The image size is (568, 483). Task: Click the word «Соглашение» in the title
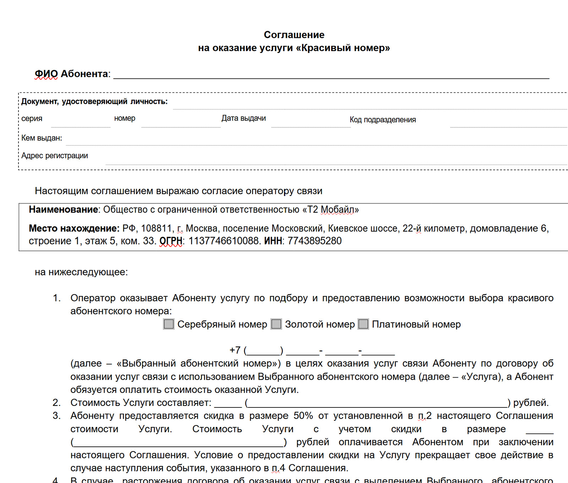[294, 35]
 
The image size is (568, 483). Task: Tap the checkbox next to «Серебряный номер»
[169, 324]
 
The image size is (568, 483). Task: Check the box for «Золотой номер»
[276, 324]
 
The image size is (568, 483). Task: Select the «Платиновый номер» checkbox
[363, 324]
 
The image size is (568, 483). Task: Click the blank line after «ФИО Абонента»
[331, 75]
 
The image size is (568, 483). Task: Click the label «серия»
[32, 119]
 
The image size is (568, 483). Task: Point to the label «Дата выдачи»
[244, 118]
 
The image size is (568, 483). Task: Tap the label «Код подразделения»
[383, 120]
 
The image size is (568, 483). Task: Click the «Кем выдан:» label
[42, 138]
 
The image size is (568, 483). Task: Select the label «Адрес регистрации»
[55, 156]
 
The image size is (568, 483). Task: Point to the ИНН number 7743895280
[315, 241]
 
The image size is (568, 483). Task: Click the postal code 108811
[156, 228]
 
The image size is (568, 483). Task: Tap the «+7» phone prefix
[235, 350]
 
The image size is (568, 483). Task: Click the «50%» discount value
[303, 416]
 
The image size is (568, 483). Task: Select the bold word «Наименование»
[63, 209]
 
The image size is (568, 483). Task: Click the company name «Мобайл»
[337, 209]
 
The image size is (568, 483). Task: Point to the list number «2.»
[56, 402]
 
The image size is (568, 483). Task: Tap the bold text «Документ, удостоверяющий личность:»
[94, 101]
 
